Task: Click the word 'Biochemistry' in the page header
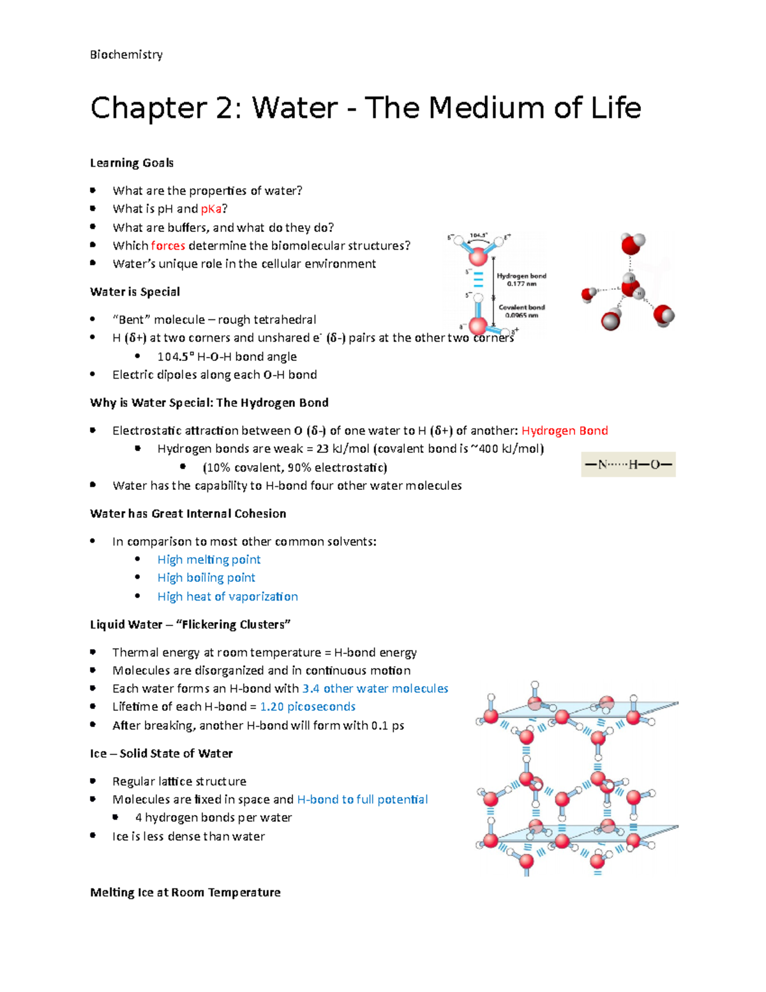(126, 55)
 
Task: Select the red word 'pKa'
(211, 209)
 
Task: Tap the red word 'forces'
(168, 246)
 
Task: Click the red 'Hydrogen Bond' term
(564, 431)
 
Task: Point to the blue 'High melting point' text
(209, 560)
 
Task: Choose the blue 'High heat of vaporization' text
(227, 597)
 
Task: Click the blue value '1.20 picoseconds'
(308, 706)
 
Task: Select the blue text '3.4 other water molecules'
(375, 689)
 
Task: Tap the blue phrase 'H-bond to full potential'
(362, 800)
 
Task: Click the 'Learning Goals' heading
(131, 163)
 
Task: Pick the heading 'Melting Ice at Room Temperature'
(185, 892)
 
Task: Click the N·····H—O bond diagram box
(628, 464)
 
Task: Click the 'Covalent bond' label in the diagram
(522, 307)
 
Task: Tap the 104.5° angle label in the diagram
(478, 235)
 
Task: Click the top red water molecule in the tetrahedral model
(632, 243)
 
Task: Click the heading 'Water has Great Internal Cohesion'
(188, 514)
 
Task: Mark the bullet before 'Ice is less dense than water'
(93, 836)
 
